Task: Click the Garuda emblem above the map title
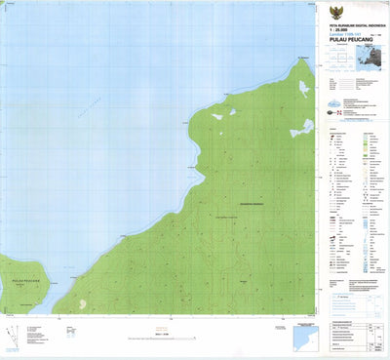[x=352, y=8]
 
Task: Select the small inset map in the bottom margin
[x=305, y=336]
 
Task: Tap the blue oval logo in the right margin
[x=335, y=103]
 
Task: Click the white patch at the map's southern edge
[x=81, y=304]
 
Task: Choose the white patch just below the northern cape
[x=305, y=89]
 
